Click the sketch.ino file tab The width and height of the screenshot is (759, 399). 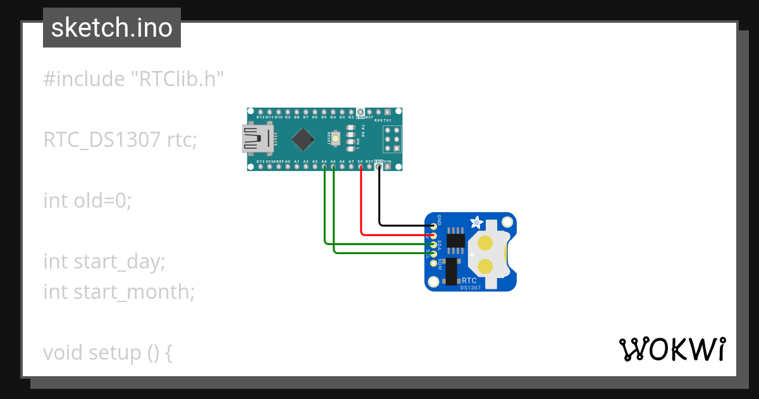pyautogui.click(x=112, y=28)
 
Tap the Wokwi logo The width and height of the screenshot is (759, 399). pyautogui.click(x=672, y=349)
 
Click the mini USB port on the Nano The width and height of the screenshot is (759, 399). pyautogui.click(x=257, y=139)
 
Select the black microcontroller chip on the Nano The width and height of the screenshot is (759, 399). pyautogui.click(x=305, y=139)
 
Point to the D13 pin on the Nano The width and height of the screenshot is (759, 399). pyautogui.click(x=261, y=167)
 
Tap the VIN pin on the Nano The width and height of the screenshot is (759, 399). pyautogui.click(x=388, y=167)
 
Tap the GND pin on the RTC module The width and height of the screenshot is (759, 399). pyautogui.click(x=433, y=225)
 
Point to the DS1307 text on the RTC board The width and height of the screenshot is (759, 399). pyautogui.click(x=470, y=288)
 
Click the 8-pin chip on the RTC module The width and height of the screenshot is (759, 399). pyautogui.click(x=455, y=240)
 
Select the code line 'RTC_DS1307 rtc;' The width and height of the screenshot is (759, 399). pyautogui.click(x=120, y=140)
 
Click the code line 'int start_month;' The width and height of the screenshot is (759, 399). pyautogui.click(x=119, y=292)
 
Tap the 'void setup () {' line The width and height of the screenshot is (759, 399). pyautogui.click(x=108, y=353)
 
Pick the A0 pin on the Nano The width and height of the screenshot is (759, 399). pyautogui.click(x=288, y=167)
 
